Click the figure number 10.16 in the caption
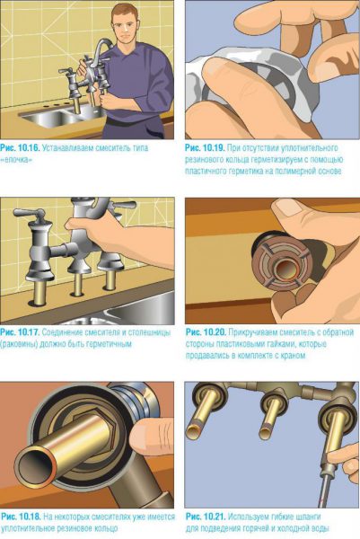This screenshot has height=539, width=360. pyautogui.click(x=29, y=148)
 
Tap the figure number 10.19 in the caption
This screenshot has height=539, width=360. pyautogui.click(x=214, y=148)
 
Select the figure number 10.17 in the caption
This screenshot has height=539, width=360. pyautogui.click(x=29, y=332)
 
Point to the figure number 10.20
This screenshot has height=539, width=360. pyautogui.click(x=215, y=332)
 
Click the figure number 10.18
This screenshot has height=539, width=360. pyautogui.click(x=31, y=517)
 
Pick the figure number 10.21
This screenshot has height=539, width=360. pyautogui.click(x=215, y=517)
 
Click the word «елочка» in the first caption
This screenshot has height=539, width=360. pyautogui.click(x=16, y=160)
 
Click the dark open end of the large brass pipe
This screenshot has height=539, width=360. pyautogui.click(x=33, y=469)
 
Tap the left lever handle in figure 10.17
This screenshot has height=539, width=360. pyautogui.click(x=29, y=214)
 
